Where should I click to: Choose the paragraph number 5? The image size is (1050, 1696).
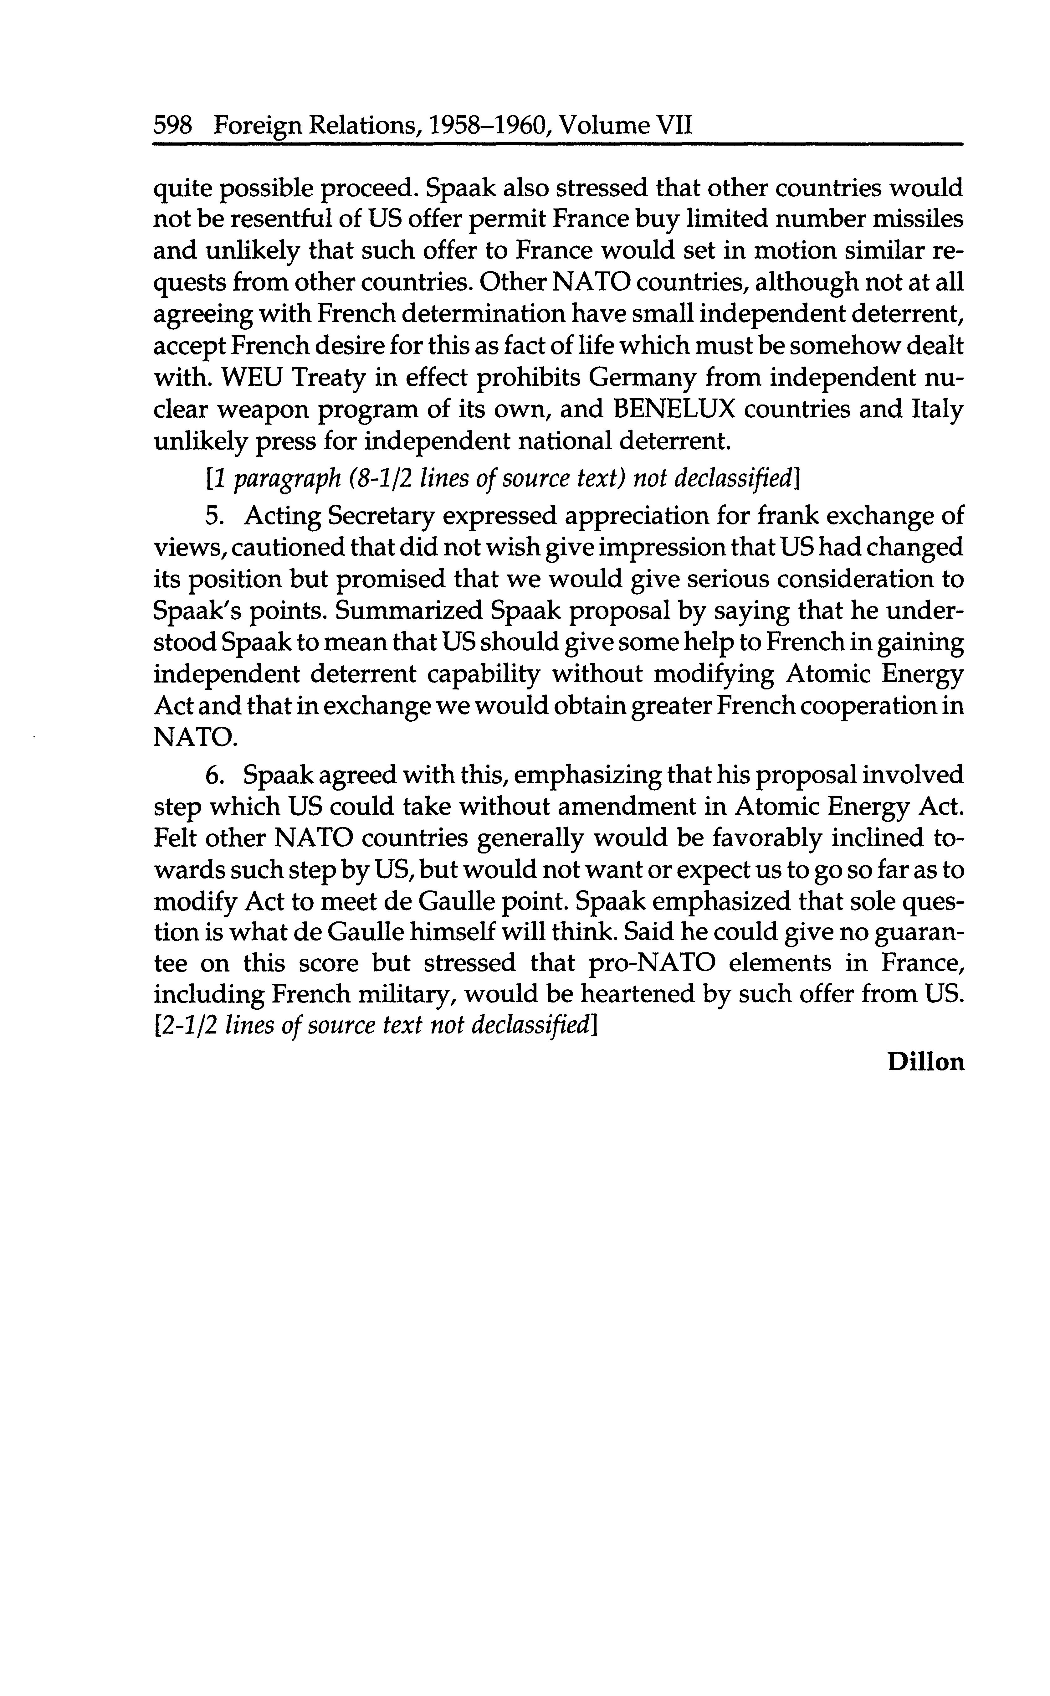[213, 516]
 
